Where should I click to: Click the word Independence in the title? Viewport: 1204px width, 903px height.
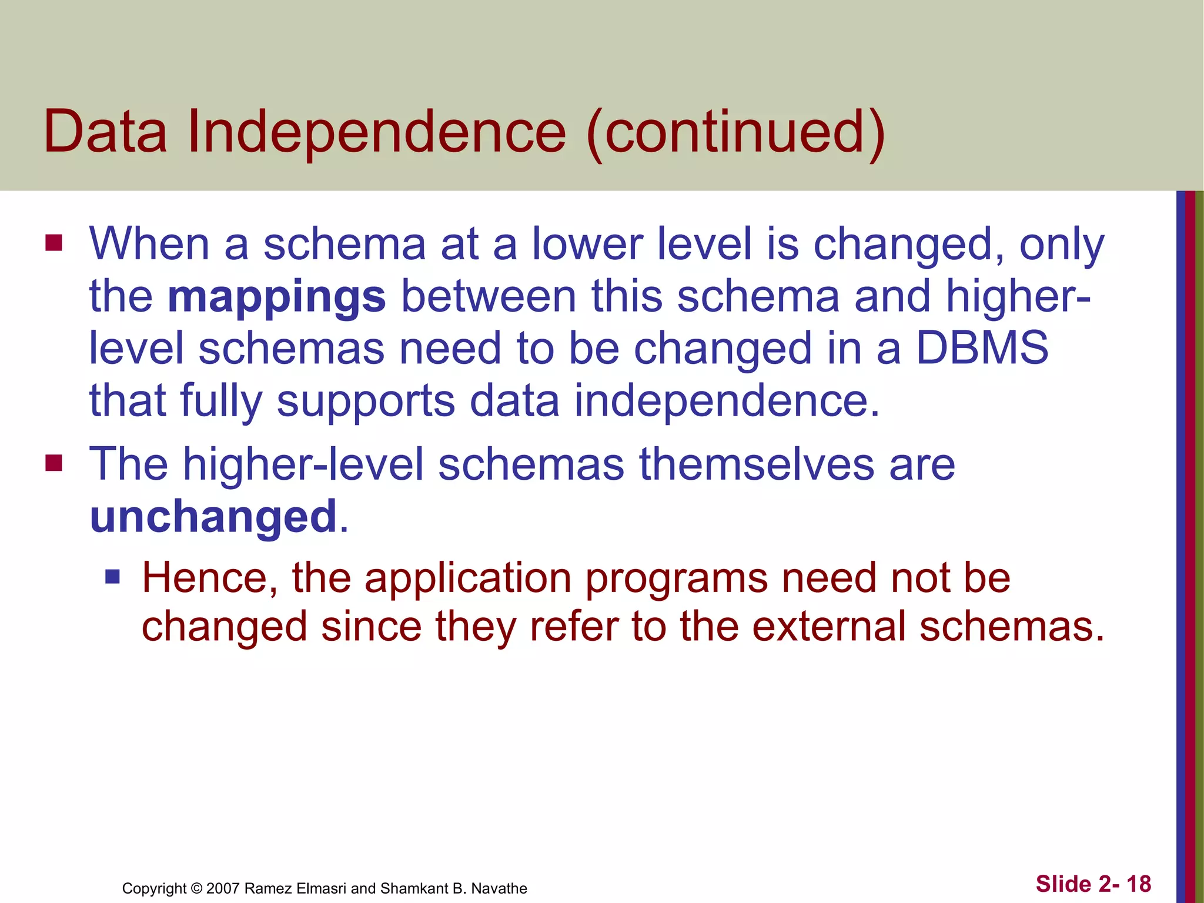pos(376,132)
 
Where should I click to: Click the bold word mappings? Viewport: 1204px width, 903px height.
pos(276,297)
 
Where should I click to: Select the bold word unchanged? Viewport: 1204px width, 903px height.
pos(213,517)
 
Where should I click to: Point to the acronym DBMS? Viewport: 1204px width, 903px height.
pos(982,347)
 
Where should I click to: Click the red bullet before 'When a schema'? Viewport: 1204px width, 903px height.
pos(53,243)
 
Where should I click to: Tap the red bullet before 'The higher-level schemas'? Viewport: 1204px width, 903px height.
pos(53,463)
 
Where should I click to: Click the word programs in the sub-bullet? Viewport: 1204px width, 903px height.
pos(677,579)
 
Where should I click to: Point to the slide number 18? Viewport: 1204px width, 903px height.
pos(1139,884)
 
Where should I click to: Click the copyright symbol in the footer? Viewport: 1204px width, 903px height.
pos(197,888)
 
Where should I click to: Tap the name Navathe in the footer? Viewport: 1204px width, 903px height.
pos(499,888)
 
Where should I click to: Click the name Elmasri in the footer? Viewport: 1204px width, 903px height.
pos(321,888)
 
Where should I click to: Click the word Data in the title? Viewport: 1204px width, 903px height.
pos(105,132)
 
